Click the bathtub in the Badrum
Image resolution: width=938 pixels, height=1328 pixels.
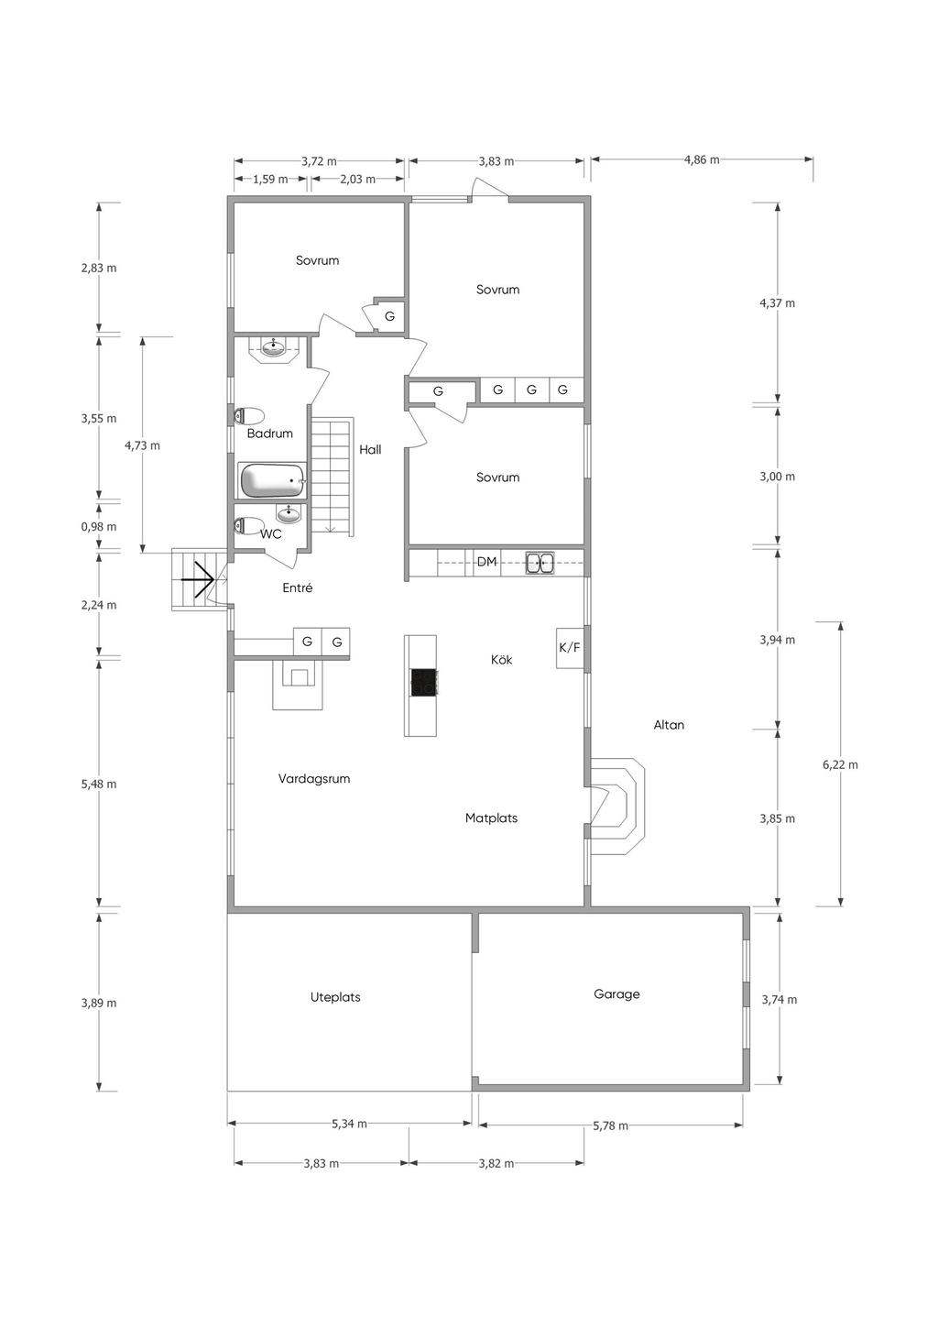click(x=272, y=480)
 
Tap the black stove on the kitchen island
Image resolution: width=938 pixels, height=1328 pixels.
click(x=424, y=682)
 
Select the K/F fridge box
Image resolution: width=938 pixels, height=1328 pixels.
click(x=570, y=648)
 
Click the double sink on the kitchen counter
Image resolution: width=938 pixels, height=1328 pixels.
click(x=540, y=563)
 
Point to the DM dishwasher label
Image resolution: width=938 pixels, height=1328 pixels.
click(x=486, y=562)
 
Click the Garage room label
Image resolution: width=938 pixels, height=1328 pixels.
click(x=616, y=994)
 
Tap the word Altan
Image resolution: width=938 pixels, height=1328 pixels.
click(x=669, y=724)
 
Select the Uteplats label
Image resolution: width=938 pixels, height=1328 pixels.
click(x=335, y=997)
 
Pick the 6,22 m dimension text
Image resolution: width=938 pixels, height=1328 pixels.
click(x=840, y=764)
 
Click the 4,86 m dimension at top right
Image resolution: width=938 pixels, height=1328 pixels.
click(x=702, y=159)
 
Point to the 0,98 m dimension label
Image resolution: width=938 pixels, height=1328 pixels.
click(x=99, y=526)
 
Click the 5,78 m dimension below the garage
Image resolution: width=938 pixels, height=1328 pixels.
click(x=610, y=1125)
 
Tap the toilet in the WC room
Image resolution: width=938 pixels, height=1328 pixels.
click(x=249, y=524)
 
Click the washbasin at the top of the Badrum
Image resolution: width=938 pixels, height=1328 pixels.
click(x=273, y=346)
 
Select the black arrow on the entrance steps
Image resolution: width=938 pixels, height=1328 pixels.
click(x=197, y=578)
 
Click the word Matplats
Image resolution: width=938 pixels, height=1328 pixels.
click(x=491, y=818)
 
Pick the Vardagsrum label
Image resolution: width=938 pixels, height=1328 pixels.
click(x=314, y=778)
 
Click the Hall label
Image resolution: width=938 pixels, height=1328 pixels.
click(x=370, y=449)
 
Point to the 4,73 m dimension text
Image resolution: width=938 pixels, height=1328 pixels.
click(x=142, y=445)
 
